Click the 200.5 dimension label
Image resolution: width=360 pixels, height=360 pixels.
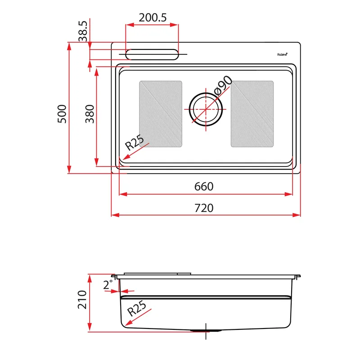(153, 18)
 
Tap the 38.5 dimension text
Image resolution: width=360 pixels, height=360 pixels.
(83, 31)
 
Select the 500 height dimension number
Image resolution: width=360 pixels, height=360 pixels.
(62, 114)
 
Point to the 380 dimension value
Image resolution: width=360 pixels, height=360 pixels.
(90, 114)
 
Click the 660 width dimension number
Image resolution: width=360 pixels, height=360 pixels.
(204, 186)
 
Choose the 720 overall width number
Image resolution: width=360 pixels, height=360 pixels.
(204, 208)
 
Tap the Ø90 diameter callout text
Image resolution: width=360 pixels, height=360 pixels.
(223, 85)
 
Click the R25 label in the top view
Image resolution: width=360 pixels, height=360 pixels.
(135, 142)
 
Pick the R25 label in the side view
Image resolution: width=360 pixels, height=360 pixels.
(137, 308)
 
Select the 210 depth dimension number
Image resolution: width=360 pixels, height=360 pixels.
(82, 300)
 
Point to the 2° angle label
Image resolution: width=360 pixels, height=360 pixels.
(108, 285)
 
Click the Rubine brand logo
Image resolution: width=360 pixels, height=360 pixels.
(282, 54)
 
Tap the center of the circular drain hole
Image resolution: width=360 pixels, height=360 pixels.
(206, 109)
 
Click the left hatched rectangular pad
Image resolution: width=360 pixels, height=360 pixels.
(161, 114)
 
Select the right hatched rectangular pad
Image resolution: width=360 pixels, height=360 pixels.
(252, 114)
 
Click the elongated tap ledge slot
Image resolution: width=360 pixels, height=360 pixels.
(152, 54)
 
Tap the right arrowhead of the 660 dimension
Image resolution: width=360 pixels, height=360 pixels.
(288, 194)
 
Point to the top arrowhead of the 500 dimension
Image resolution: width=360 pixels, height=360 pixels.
(69, 46)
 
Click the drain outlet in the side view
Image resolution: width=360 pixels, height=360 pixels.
(206, 331)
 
